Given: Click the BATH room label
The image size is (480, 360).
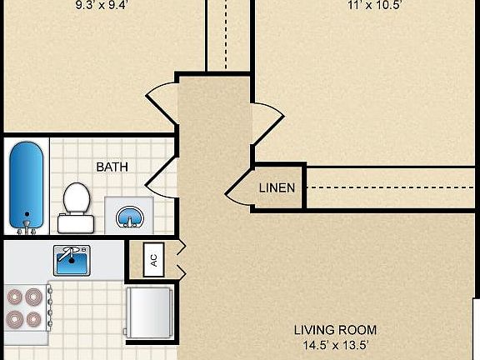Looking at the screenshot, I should click(112, 167).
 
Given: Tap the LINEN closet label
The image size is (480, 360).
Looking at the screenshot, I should click(276, 187).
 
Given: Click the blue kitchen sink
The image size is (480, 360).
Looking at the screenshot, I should click(73, 261).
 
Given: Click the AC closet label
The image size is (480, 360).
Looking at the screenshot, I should click(152, 258).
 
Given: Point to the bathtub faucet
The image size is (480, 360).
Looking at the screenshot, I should click(27, 223).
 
